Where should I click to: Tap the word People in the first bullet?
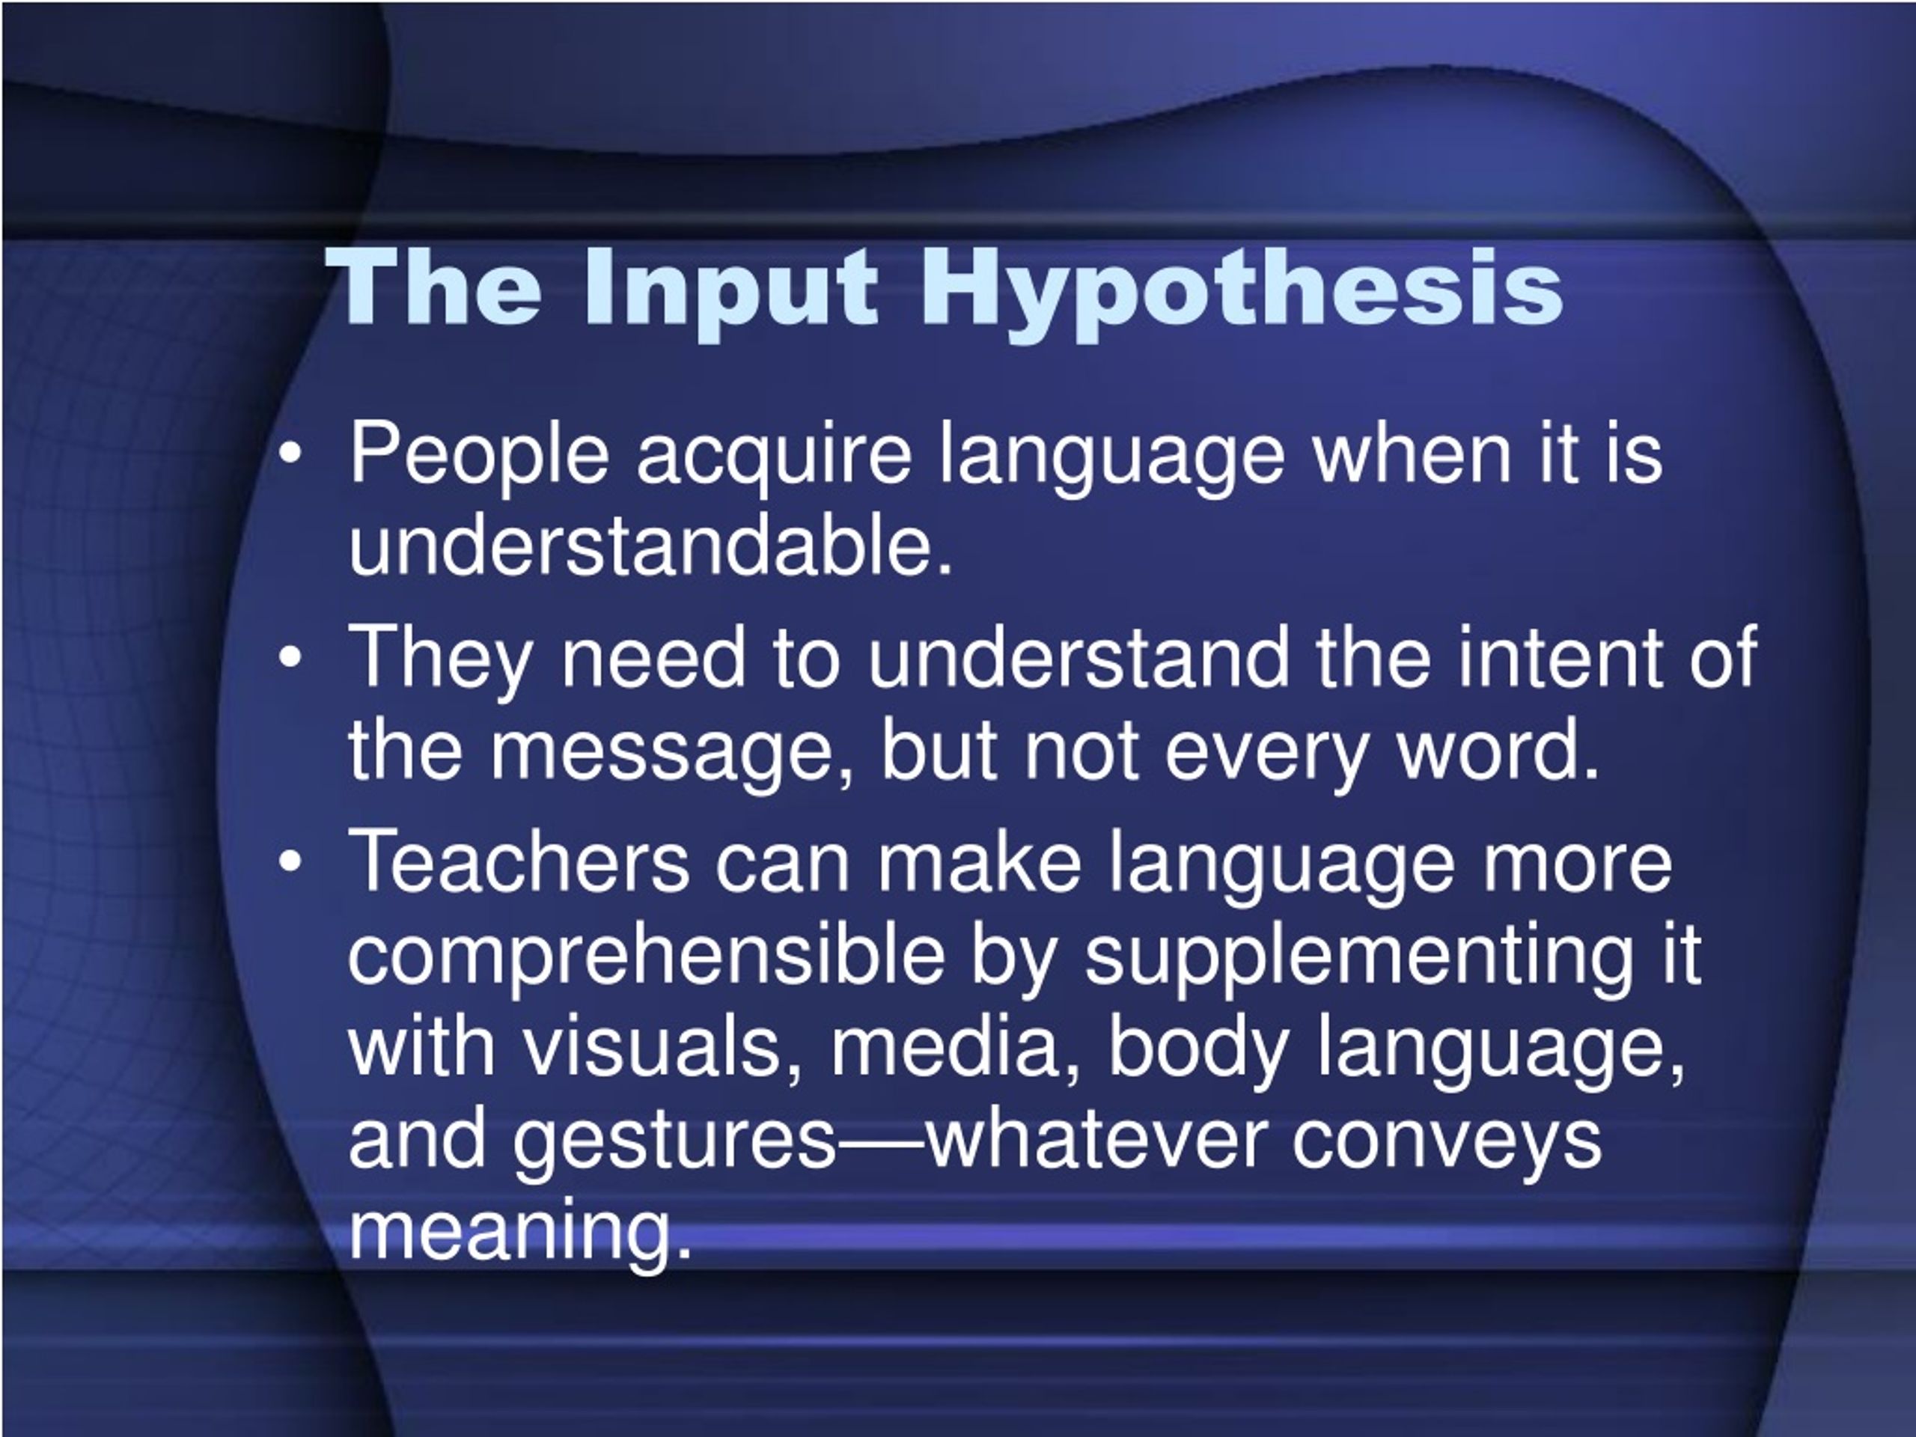[x=478, y=456]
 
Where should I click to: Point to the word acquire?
[x=773, y=456]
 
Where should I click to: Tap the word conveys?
[x=1447, y=1141]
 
